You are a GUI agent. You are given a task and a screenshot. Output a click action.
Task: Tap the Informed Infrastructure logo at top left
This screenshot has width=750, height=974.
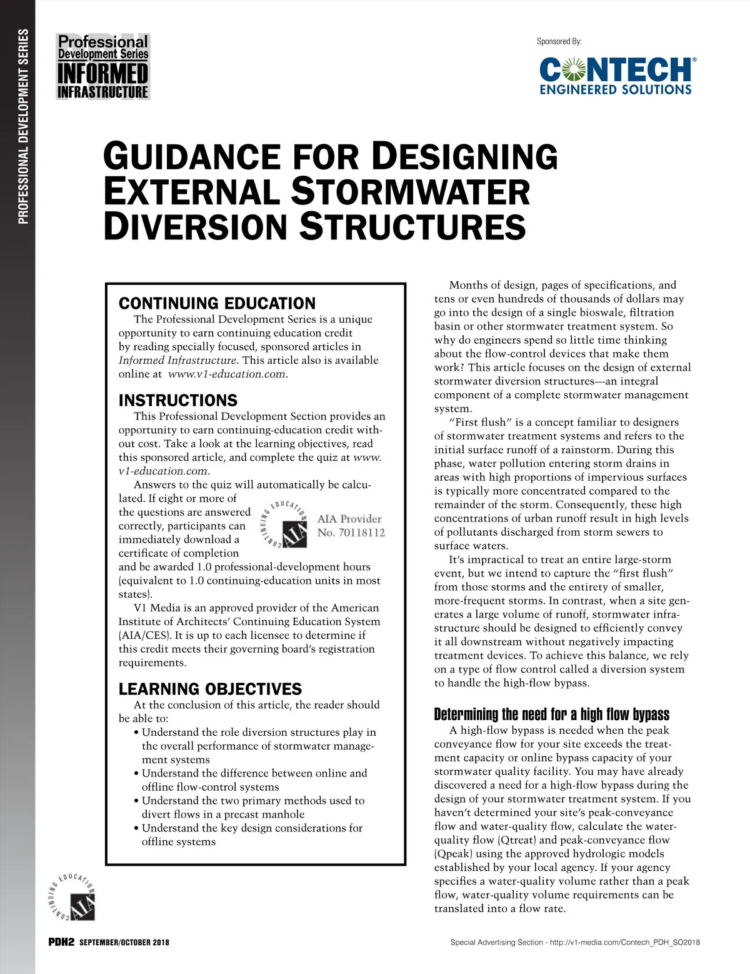pos(103,67)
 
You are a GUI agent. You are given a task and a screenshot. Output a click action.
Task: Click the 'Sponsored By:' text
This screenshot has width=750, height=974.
pos(559,41)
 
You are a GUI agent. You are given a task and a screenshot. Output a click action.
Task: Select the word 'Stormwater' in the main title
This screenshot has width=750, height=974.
pos(410,191)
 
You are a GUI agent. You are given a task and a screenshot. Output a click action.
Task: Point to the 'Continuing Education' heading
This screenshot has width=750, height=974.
pos(217,303)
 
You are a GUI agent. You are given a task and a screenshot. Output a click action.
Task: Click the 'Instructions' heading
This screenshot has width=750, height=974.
pos(178,400)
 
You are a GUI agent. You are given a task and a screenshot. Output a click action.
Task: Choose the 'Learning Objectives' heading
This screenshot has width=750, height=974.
pos(210,689)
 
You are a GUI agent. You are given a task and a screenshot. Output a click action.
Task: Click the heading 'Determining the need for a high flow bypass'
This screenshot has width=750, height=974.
pos(551,715)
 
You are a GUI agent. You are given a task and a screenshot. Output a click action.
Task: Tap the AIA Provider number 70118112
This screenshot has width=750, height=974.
pos(351,533)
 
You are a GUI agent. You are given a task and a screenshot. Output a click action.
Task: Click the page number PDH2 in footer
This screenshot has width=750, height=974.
pos(61,942)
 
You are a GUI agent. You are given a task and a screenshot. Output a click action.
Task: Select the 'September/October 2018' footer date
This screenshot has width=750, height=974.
pos(124,942)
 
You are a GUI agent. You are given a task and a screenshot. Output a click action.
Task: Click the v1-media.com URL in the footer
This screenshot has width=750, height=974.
pos(625,942)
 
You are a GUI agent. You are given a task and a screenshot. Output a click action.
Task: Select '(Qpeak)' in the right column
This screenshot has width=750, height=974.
pos(454,853)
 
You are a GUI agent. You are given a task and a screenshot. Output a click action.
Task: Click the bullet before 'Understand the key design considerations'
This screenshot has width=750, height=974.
pos(136,828)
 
